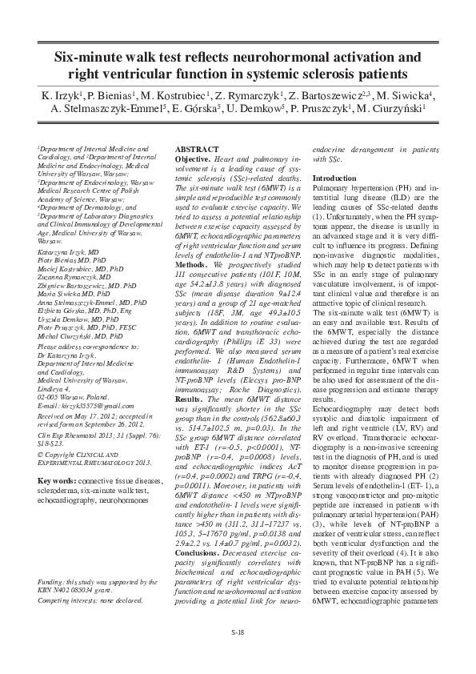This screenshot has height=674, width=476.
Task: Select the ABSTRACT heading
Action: click(196, 150)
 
